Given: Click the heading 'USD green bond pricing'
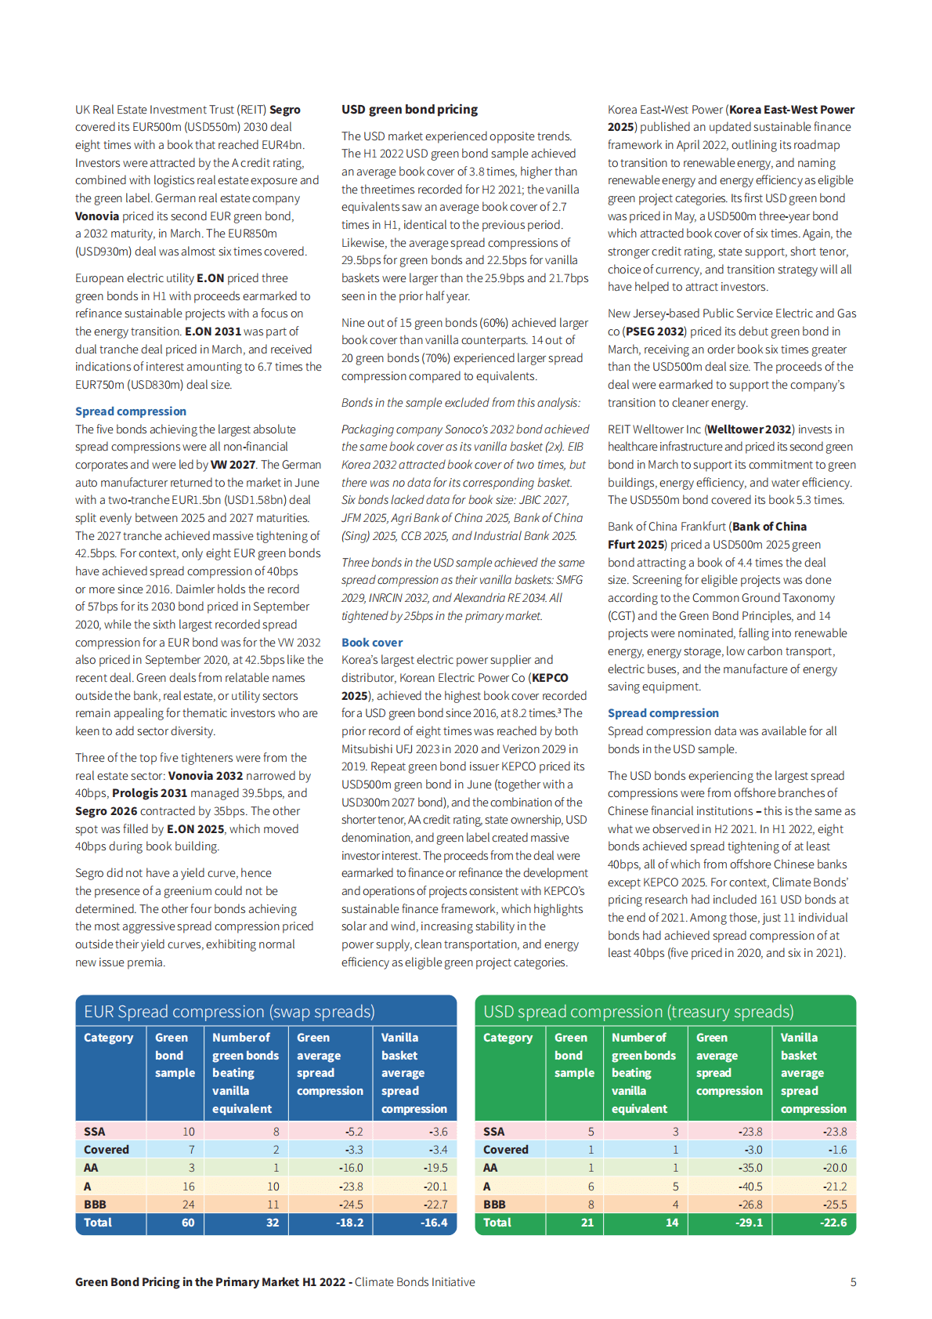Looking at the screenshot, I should (409, 110).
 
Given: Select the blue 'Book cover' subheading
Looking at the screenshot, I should (372, 643).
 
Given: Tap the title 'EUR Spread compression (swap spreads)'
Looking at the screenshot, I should (229, 1012).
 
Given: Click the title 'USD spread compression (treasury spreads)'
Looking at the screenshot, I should (638, 1012).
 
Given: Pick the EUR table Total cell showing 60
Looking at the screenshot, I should (188, 1223).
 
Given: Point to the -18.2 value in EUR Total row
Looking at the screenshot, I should (349, 1223).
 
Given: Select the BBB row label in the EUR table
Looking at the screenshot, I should (95, 1205).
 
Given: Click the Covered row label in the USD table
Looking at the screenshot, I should (505, 1150).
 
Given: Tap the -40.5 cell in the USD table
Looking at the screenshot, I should (750, 1187).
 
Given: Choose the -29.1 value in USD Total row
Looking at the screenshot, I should (749, 1223).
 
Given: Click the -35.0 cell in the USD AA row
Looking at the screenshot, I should (750, 1168).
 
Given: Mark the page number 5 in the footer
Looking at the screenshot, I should (853, 1282).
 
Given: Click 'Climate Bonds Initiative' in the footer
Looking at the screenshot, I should (414, 1282).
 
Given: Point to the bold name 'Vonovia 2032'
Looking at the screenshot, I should (205, 776).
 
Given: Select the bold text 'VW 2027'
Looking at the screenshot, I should (233, 465).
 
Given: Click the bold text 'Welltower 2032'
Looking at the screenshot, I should (750, 429).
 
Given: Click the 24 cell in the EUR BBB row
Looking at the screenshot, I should (188, 1205).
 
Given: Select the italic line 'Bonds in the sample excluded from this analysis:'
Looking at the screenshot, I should (461, 403).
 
